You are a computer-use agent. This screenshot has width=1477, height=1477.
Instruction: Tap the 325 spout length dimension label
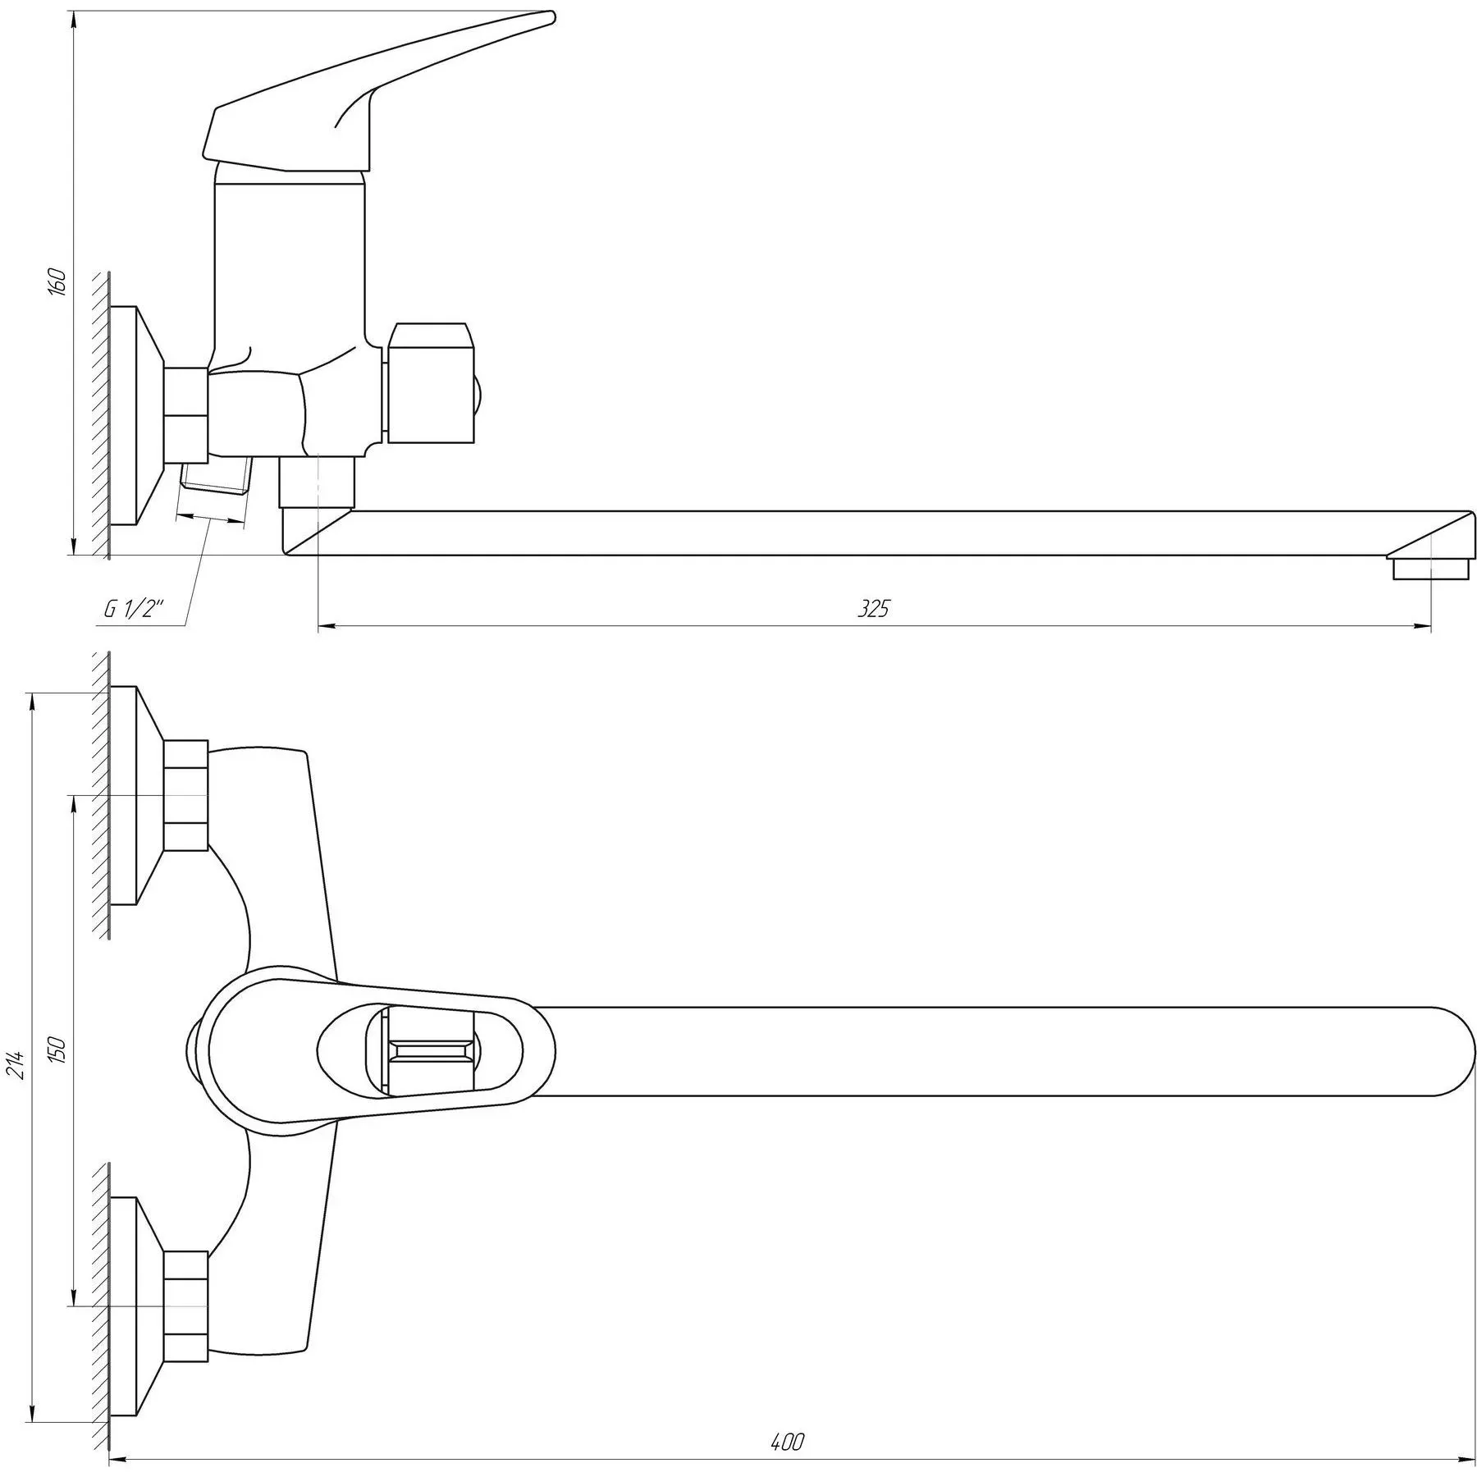(x=873, y=609)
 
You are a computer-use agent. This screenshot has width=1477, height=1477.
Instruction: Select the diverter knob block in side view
(x=430, y=383)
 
